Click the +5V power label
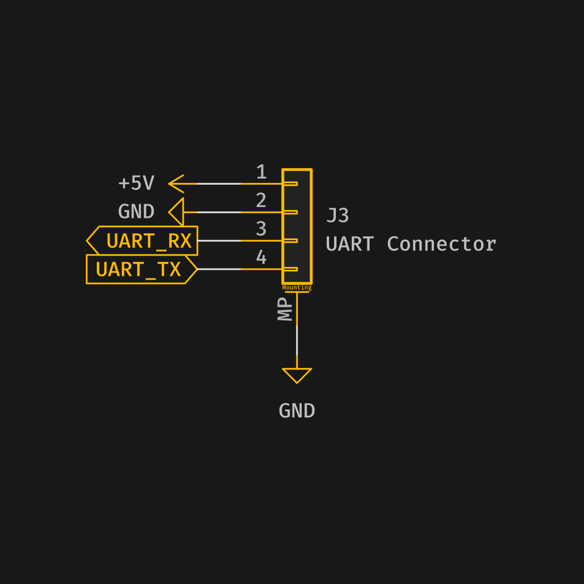point(136,184)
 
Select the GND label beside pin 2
point(136,212)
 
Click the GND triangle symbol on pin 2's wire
point(177,212)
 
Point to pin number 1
point(261,172)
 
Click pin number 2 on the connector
point(261,201)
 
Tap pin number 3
point(261,229)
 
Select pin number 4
point(261,258)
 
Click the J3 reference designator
point(338,216)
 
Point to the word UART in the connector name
point(349,244)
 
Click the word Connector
point(441,244)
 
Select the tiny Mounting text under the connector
point(297,288)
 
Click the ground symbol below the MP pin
point(297,375)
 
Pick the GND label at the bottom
point(297,411)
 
